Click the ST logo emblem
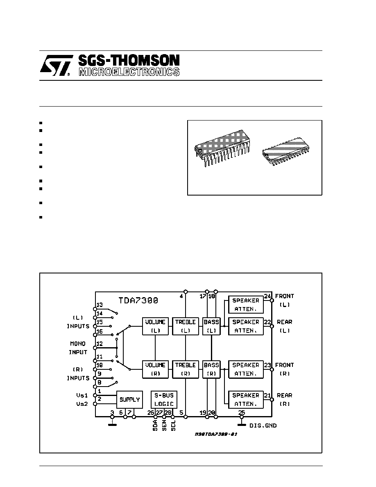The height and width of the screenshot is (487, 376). pos(55,65)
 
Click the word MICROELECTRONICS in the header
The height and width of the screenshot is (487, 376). pos(129,72)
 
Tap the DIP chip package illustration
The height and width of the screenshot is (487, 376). pos(222,148)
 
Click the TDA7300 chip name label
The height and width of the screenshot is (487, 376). pos(138,300)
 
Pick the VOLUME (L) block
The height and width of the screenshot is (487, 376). pos(155,326)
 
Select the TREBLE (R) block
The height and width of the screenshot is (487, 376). pos(185,369)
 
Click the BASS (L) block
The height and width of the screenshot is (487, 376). pos(211,326)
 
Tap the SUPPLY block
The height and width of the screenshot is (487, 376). pos(129,400)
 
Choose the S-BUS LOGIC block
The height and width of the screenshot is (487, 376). pos(164,400)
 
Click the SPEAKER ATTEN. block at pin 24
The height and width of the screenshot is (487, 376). pos(246,305)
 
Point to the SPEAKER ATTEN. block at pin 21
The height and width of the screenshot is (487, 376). pos(246,400)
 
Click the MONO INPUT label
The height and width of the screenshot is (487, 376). pos(77,348)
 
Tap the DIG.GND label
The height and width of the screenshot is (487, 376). pos(263,426)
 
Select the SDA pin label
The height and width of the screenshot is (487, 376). pos(155,426)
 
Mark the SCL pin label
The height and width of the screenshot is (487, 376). pos(173,426)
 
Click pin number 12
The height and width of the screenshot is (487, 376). pos(99,344)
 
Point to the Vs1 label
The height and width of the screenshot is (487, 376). pos(82,395)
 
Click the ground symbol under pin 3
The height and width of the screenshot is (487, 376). pos(112,423)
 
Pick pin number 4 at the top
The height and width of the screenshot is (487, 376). pos(181,296)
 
